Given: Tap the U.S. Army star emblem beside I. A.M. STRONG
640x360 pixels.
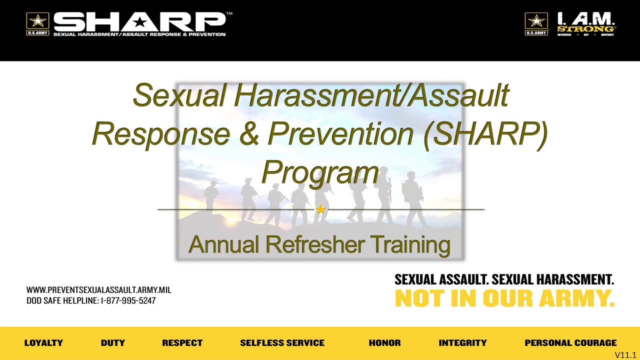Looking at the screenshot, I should click(x=536, y=23).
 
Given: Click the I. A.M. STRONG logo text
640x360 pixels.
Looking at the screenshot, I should click(x=586, y=23).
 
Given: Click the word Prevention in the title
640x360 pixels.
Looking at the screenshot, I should click(x=341, y=133).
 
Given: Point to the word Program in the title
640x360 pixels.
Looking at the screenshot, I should click(x=320, y=172).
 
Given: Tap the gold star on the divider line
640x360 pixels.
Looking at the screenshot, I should click(x=320, y=210).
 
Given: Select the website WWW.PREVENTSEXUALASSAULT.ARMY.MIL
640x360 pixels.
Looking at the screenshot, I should click(x=99, y=290).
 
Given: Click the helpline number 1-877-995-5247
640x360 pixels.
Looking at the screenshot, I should click(x=128, y=301).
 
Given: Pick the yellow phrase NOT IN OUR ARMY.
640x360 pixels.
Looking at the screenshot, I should click(x=504, y=298).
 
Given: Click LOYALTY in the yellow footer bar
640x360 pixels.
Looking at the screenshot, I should click(x=43, y=343).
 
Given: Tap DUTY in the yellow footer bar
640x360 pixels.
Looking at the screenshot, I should click(x=112, y=343).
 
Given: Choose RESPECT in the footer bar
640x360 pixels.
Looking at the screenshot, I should click(x=182, y=343).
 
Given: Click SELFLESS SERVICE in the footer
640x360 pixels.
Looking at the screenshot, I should click(x=282, y=343).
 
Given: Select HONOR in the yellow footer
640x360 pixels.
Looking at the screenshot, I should click(x=384, y=343).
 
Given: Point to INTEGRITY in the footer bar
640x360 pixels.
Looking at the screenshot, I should click(x=462, y=343).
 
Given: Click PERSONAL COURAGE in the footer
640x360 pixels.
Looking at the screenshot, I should click(x=570, y=343).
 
